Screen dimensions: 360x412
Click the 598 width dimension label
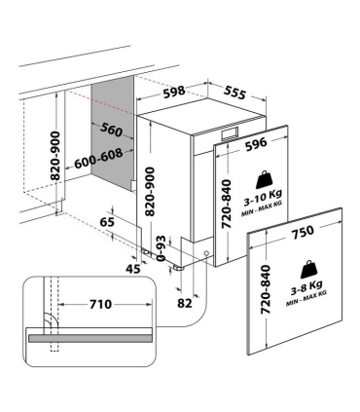[x=174, y=92]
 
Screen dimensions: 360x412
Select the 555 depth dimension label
[x=234, y=93]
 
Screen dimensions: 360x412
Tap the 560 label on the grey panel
[x=111, y=130]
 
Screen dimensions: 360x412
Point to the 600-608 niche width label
[x=98, y=159]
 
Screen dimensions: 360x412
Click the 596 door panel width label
[x=256, y=144]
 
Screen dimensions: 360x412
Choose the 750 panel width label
[x=303, y=231]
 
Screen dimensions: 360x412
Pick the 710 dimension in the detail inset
[x=100, y=304]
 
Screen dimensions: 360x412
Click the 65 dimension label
[x=107, y=222]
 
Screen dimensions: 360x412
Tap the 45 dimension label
[x=133, y=269]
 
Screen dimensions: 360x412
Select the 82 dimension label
[x=185, y=303]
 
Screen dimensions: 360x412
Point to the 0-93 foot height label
[x=162, y=249]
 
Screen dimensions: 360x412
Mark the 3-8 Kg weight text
[x=306, y=286]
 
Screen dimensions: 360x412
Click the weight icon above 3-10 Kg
[x=265, y=179]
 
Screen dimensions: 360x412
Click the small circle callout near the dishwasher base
[x=206, y=253]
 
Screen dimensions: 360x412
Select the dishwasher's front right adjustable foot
[x=178, y=268]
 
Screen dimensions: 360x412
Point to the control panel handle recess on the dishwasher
[x=230, y=133]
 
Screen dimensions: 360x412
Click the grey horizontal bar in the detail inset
[x=90, y=338]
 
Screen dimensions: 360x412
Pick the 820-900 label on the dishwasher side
[x=150, y=192]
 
